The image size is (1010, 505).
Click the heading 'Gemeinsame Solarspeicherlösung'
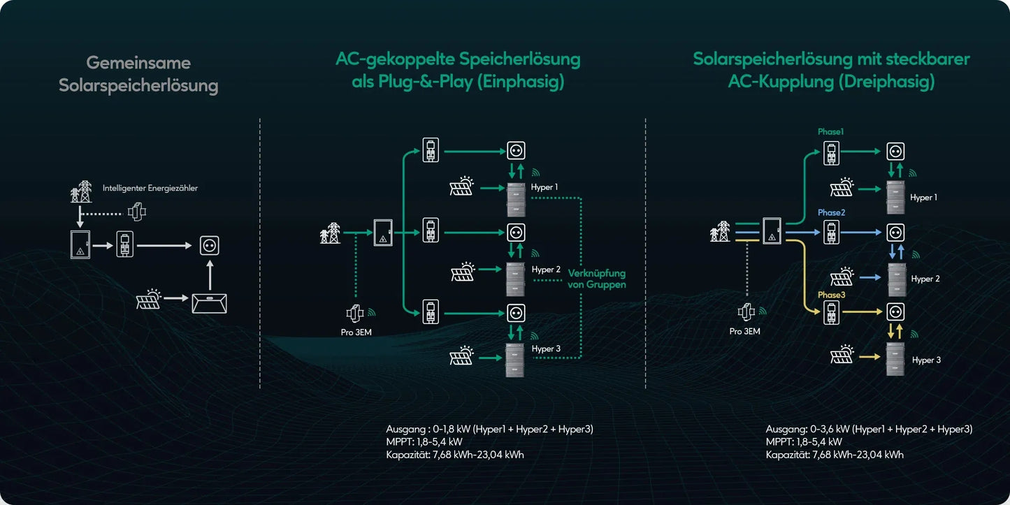pyautogui.click(x=138, y=74)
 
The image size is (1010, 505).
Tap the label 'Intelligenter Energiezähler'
pyautogui.click(x=150, y=188)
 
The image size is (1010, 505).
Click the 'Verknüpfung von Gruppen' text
pyautogui.click(x=596, y=279)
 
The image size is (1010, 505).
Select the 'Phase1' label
pyautogui.click(x=831, y=131)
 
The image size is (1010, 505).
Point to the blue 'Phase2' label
pyautogui.click(x=831, y=212)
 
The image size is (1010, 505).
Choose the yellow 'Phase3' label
pyautogui.click(x=831, y=295)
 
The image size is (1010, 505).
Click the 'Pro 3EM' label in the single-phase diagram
pyautogui.click(x=356, y=332)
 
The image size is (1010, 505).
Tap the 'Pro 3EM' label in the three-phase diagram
pyautogui.click(x=744, y=331)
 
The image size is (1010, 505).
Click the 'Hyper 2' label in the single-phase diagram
pyautogui.click(x=546, y=270)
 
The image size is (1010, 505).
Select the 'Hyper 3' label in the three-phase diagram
pyautogui.click(x=926, y=360)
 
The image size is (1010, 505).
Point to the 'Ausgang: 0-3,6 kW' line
pyautogui.click(x=869, y=429)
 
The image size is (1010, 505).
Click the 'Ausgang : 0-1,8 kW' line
pyautogui.click(x=489, y=429)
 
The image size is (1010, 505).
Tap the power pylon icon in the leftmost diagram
pyautogui.click(x=81, y=191)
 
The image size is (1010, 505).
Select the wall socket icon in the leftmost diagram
pyautogui.click(x=210, y=245)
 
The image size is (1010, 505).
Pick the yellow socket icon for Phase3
pyautogui.click(x=895, y=312)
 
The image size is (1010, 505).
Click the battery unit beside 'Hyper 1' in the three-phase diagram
pyautogui.click(x=895, y=197)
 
